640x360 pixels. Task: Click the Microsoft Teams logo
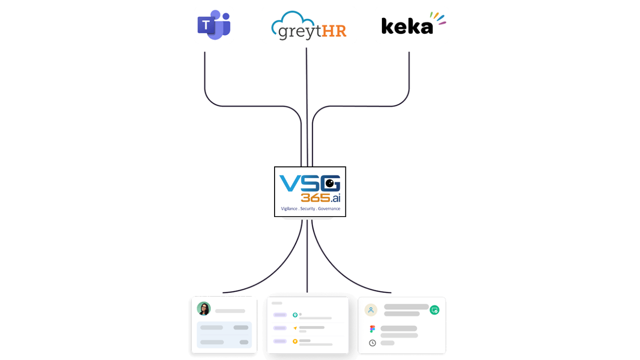pos(214,25)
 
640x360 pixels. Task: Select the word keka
pos(406,26)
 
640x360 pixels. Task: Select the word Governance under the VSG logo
pos(329,209)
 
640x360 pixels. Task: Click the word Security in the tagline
pos(308,209)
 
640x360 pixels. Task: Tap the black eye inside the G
pos(330,182)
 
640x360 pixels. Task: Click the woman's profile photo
pos(204,308)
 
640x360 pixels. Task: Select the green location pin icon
pos(295,315)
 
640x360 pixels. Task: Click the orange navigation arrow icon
pos(295,328)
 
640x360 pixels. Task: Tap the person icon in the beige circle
pos(371,310)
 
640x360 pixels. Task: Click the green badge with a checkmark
pos(435,310)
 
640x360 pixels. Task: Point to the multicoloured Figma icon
pos(372,329)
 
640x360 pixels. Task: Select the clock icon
pos(372,343)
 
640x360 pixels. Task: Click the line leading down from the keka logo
pos(409,75)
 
